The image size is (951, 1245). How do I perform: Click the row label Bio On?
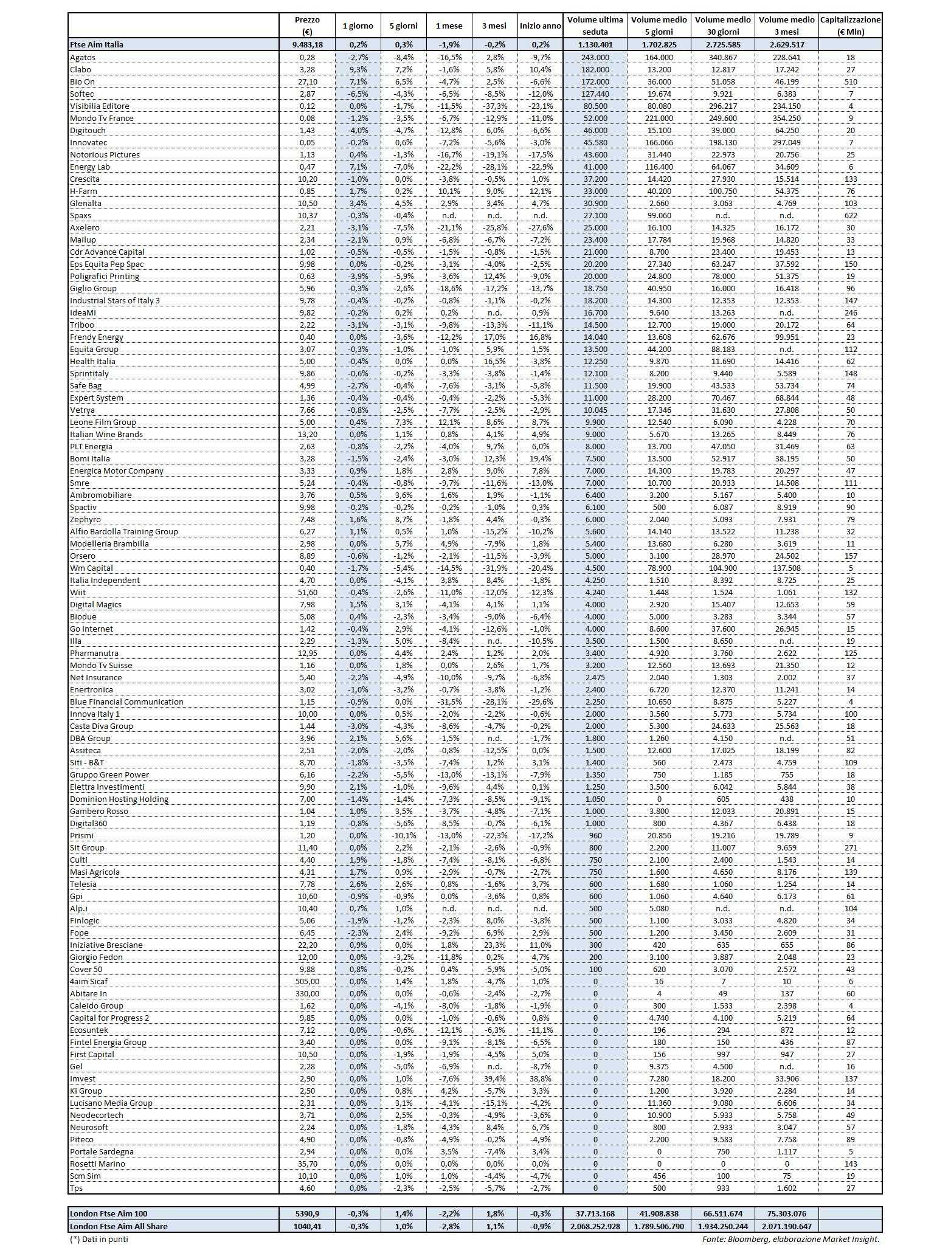coord(83,81)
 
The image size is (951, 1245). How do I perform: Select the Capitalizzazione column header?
coord(850,26)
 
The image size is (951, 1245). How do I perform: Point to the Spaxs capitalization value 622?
coord(850,215)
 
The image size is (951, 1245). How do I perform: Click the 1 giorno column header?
coord(358,26)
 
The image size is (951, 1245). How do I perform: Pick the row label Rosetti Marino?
coord(97,1164)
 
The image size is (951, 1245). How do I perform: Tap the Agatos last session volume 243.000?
coord(595,57)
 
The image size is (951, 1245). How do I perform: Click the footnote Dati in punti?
coord(99,1239)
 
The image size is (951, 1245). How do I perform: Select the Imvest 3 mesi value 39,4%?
coord(494,1078)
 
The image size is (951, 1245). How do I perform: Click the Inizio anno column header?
coord(540,26)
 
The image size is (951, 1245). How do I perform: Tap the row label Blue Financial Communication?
coord(126,702)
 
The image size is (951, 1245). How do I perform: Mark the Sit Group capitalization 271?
coord(850,847)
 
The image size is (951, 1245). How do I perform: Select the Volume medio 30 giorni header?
coord(723,26)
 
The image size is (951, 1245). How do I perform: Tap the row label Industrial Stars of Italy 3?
coord(115,300)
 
